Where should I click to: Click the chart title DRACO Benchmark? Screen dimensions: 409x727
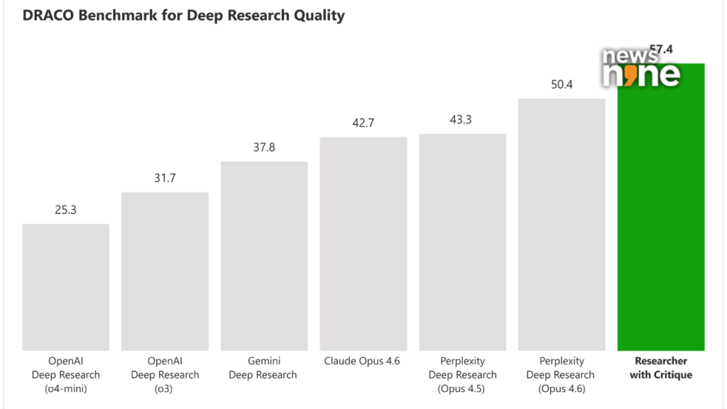pos(183,16)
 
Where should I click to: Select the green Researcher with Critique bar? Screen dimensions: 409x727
pos(661,213)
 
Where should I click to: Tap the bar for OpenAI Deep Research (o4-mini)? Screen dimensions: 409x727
pos(65,287)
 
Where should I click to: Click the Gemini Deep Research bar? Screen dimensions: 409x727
pos(264,256)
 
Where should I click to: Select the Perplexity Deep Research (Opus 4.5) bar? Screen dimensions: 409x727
pos(462,242)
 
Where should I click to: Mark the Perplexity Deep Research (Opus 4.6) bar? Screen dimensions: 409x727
pos(562,224)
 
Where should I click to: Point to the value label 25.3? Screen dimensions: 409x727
pos(65,209)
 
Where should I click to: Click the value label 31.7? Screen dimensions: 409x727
pos(165,178)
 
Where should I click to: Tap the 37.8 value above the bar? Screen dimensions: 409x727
pos(264,147)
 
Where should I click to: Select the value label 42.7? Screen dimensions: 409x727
pos(363,123)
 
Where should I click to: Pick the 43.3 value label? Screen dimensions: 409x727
pos(462,119)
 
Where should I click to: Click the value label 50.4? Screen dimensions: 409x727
pos(562,84)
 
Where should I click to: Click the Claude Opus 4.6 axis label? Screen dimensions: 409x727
pos(363,361)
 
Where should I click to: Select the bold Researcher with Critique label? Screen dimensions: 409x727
pos(661,368)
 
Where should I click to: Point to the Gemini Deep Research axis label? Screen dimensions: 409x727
pos(264,368)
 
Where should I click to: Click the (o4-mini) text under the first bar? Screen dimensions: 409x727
pos(65,388)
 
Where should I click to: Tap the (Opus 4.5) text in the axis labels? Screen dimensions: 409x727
pos(462,388)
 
